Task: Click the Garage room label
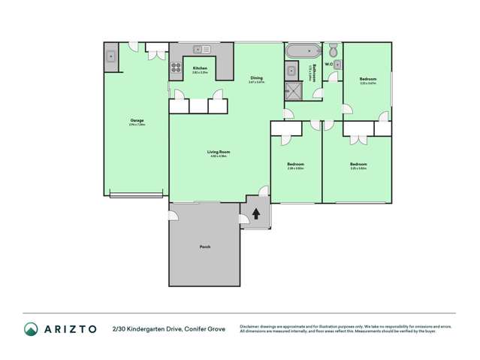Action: (x=137, y=120)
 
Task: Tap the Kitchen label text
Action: (x=199, y=68)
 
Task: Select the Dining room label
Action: (x=256, y=77)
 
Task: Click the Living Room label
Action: (x=218, y=152)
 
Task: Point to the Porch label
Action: (x=204, y=246)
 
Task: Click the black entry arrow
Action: (x=256, y=213)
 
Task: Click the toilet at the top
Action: (x=333, y=50)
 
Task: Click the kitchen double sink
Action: (x=201, y=50)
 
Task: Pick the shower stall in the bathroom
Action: (x=291, y=91)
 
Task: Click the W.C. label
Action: (x=328, y=64)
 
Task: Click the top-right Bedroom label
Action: (x=367, y=78)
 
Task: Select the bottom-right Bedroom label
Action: (x=358, y=163)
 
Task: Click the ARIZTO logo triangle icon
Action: (x=31, y=328)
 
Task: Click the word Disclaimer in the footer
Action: (x=252, y=326)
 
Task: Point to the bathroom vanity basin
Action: (x=291, y=71)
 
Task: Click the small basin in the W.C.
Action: (x=338, y=65)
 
